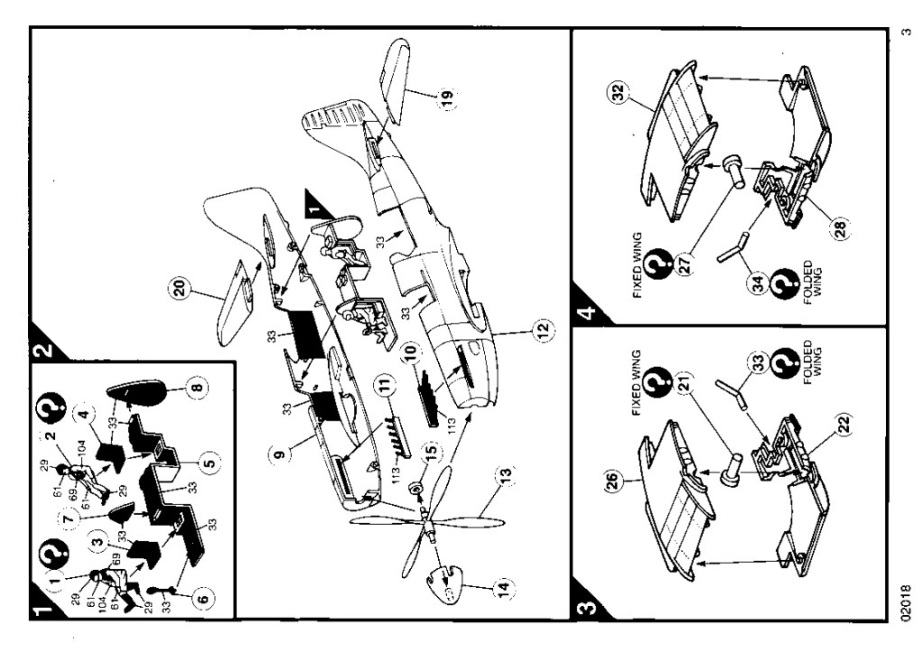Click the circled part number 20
(x=179, y=289)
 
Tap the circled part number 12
(x=542, y=328)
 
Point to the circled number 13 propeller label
(x=505, y=473)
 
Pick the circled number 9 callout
(x=279, y=455)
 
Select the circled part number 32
(x=618, y=93)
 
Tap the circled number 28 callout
(x=840, y=225)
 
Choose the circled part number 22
(x=845, y=424)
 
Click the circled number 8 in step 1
(x=197, y=387)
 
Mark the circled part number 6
(x=202, y=599)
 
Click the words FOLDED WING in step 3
(x=814, y=362)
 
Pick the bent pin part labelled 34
(x=733, y=247)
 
